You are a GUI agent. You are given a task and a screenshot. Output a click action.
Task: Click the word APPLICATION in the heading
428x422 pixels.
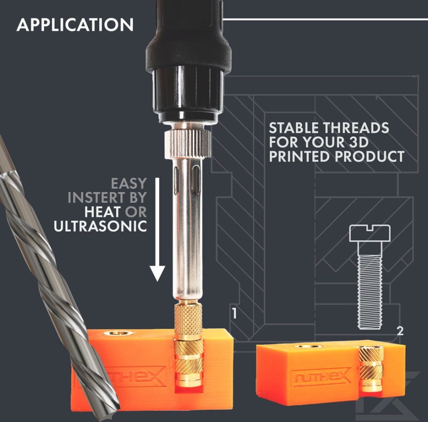pos(75,25)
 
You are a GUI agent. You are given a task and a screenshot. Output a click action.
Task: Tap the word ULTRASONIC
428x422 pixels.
pos(100,226)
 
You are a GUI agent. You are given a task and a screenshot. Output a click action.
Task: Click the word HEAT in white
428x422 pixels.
pos(103,212)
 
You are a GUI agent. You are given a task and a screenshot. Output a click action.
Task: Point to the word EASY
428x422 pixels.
pos(129,183)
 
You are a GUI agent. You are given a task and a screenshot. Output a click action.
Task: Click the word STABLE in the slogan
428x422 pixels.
pos(293,128)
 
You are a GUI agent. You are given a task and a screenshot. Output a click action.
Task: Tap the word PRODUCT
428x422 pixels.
pos(369,156)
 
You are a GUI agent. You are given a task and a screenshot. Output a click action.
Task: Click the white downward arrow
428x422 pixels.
pos(157,229)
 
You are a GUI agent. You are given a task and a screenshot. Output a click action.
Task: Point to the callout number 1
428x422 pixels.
pos(234,313)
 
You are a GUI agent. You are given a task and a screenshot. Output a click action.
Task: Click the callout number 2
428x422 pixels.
pos(400,331)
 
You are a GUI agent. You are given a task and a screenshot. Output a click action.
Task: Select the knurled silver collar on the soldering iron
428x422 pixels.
pos(188,144)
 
